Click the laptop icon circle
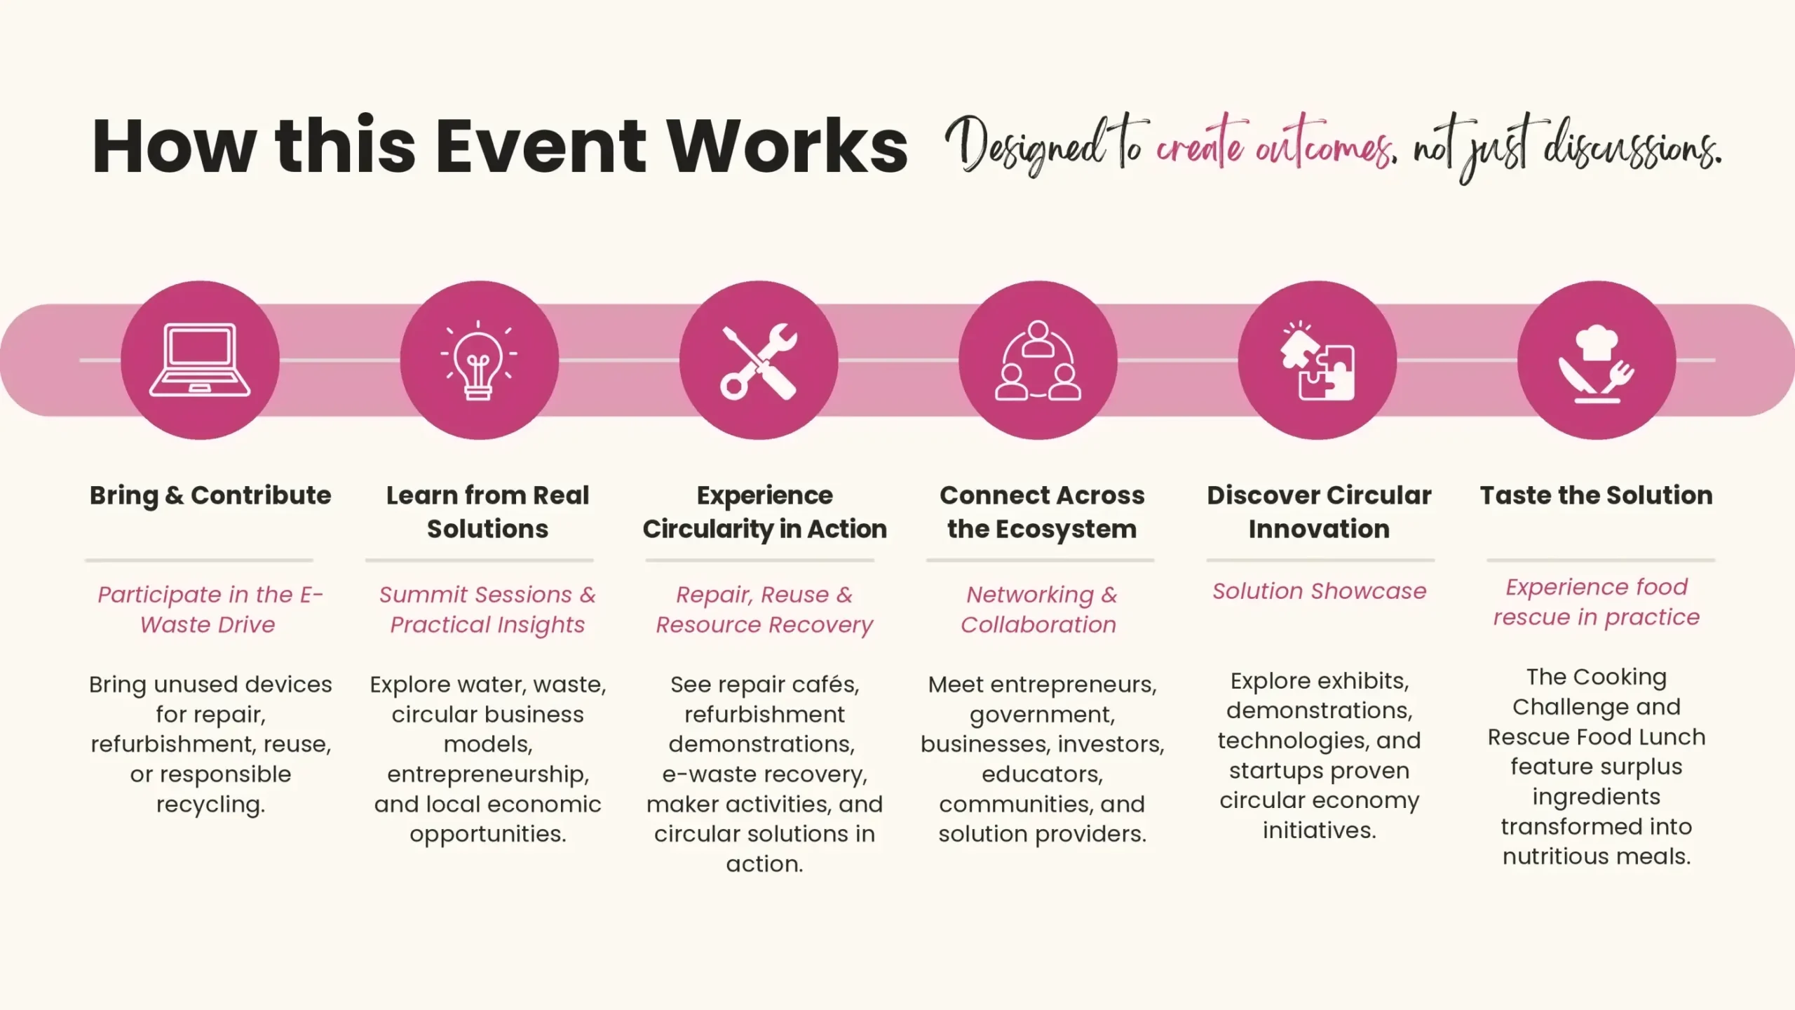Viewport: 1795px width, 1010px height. pos(200,360)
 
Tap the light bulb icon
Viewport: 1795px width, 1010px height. pos(479,360)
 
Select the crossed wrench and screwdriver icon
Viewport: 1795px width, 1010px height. pos(759,361)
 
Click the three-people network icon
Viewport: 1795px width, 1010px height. pos(1038,361)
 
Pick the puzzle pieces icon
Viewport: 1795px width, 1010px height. pos(1317,361)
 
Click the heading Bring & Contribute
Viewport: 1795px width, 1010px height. pos(210,495)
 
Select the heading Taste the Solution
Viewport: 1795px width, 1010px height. pos(1597,495)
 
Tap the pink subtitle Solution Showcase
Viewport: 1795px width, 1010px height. pos(1320,591)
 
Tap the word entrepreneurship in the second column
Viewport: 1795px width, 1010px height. pos(488,775)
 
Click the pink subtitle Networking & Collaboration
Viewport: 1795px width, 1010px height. pos(1039,610)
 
